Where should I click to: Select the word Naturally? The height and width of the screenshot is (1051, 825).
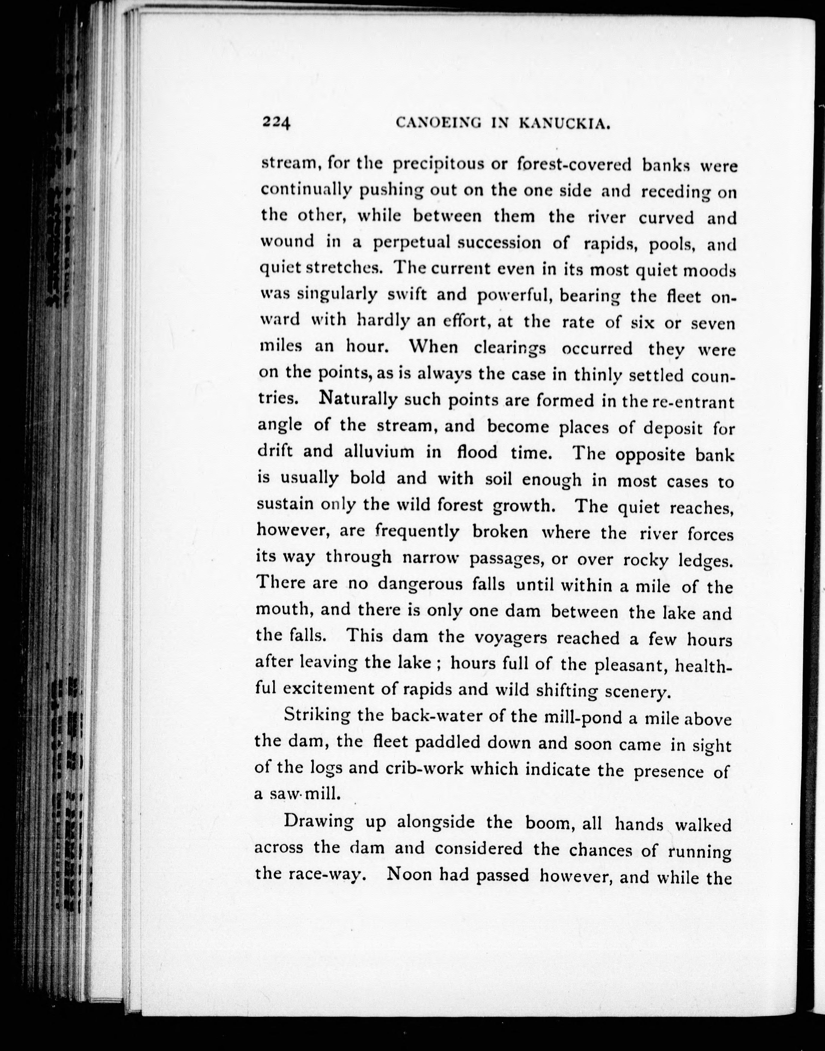coord(358,400)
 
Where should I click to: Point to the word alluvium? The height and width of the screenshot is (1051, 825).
coord(379,451)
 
